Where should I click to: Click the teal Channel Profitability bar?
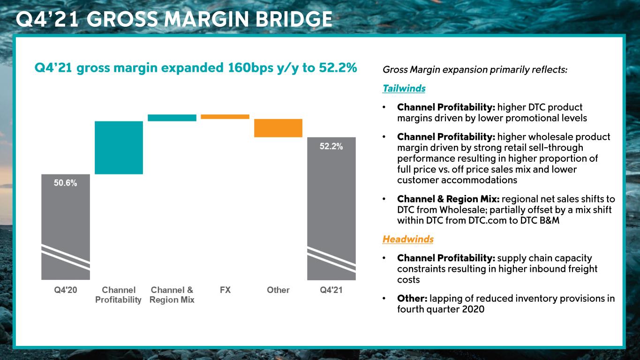(x=119, y=148)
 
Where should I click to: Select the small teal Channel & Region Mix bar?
(x=172, y=118)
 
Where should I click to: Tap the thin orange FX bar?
(x=225, y=117)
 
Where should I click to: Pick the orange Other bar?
(x=278, y=128)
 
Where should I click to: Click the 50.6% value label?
(x=65, y=183)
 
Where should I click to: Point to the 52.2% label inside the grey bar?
(x=331, y=146)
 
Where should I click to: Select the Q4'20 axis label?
(x=65, y=290)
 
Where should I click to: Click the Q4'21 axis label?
(x=331, y=290)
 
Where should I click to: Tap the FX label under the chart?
(x=225, y=290)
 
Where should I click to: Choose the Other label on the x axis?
(x=278, y=290)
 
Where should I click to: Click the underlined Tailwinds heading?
(x=404, y=89)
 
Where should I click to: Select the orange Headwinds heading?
(x=407, y=239)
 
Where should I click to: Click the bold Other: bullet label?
(x=411, y=299)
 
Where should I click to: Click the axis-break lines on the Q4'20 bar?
(x=65, y=257)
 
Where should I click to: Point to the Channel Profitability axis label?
(x=119, y=295)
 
